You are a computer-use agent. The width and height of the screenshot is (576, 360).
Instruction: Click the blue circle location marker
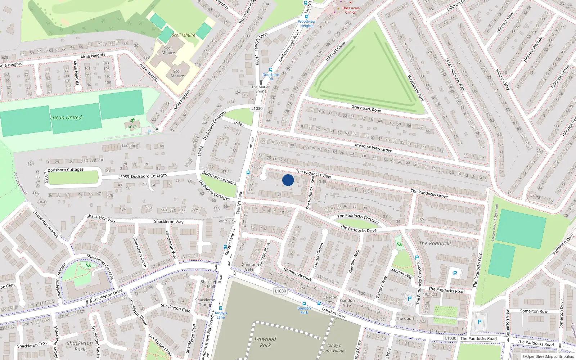tap(288, 180)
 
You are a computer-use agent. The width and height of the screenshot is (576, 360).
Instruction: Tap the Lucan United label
tap(66, 117)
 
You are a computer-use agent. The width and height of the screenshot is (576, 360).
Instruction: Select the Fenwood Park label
tap(265, 342)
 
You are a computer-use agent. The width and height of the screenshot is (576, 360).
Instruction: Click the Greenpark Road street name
tap(366, 108)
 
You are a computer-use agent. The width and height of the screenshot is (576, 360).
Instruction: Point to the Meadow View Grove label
tap(373, 148)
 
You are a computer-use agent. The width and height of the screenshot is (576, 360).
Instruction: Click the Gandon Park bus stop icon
tap(304, 303)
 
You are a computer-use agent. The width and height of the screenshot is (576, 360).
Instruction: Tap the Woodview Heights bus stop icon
tap(306, 16)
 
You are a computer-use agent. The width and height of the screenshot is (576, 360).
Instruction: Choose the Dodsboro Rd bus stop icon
tap(270, 70)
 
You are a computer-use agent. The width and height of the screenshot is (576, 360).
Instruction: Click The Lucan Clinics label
tap(350, 10)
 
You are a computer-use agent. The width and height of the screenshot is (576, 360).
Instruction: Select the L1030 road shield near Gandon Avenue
tap(280, 291)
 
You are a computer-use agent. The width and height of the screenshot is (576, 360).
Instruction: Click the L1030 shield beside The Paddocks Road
tap(450, 338)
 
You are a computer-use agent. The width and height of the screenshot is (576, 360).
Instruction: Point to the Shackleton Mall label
tap(211, 284)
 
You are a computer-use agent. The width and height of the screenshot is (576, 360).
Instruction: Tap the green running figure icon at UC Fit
tap(132, 121)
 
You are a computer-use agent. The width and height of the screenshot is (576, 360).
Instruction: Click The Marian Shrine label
tap(261, 89)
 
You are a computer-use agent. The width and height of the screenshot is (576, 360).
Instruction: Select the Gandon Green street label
tap(318, 256)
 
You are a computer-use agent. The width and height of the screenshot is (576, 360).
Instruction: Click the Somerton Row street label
tap(534, 311)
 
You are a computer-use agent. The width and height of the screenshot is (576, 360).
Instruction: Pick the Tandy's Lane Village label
tap(334, 348)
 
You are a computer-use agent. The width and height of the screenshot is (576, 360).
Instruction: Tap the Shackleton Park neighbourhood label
tap(80, 346)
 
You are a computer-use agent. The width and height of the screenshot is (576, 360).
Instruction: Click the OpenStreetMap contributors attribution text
tap(548, 356)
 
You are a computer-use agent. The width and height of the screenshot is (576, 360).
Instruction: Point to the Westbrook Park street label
tap(415, 88)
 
